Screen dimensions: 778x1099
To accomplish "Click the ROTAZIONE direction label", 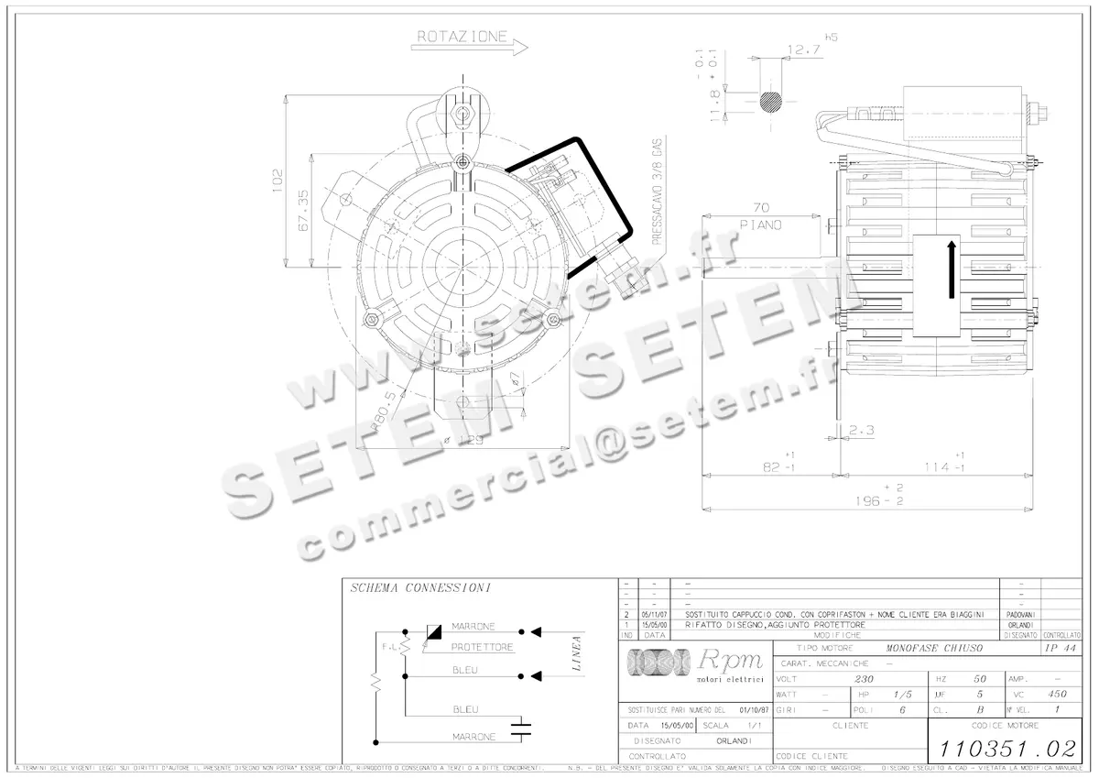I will [x=462, y=37].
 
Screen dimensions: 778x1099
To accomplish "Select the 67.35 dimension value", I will [x=303, y=210].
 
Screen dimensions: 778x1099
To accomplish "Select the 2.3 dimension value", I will [x=863, y=428].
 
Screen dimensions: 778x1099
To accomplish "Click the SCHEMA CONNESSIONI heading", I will [x=420, y=587].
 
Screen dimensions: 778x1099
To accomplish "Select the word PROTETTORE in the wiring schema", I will [x=482, y=647].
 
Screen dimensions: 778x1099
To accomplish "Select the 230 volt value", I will [x=863, y=679].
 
